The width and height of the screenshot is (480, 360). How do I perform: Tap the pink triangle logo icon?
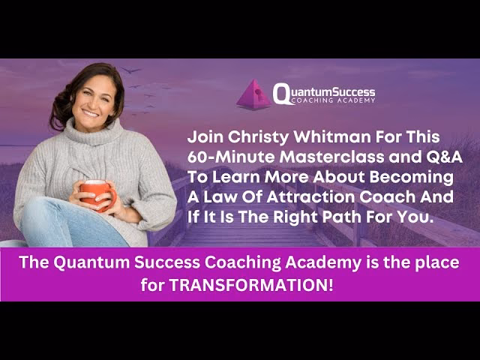click(x=253, y=95)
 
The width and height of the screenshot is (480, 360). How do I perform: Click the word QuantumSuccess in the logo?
click(x=324, y=91)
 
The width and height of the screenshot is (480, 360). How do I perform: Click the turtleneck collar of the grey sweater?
click(x=93, y=135)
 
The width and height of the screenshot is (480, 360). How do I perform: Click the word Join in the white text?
click(x=205, y=138)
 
